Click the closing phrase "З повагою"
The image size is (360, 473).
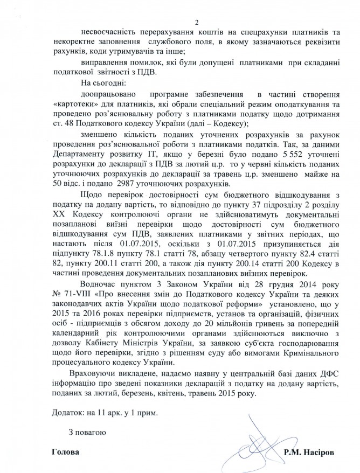pyautogui.click(x=88, y=432)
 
